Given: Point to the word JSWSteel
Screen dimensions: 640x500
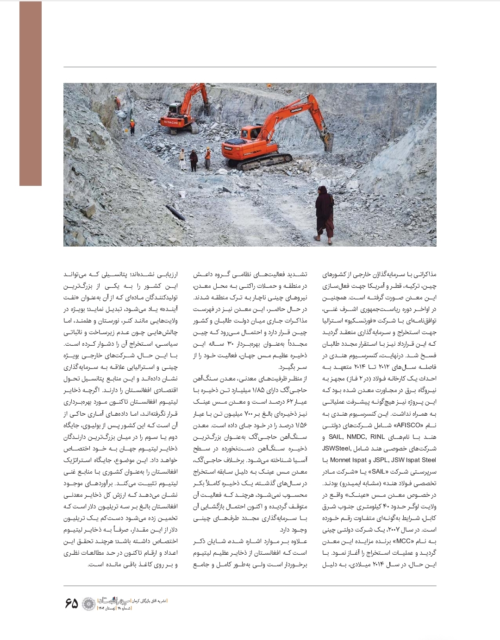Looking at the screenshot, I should click(x=336, y=448).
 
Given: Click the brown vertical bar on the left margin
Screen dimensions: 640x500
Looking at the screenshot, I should click(x=31, y=93).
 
